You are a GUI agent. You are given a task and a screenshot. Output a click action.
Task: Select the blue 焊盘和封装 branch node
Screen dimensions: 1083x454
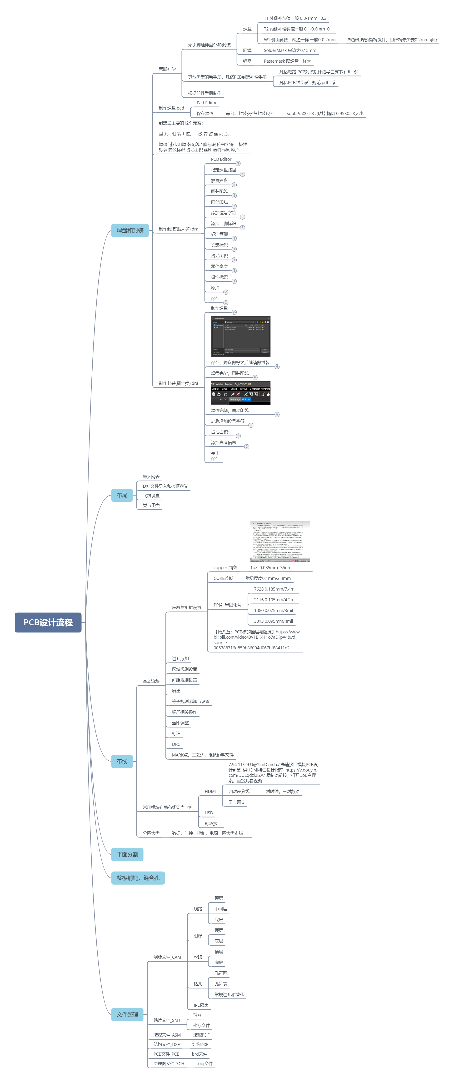pyautogui.click(x=130, y=231)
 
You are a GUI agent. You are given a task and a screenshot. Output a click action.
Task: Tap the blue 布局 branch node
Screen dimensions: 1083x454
pyautogui.click(x=122, y=495)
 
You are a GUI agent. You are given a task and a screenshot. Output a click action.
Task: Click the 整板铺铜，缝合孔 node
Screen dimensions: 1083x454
pyautogui.click(x=138, y=878)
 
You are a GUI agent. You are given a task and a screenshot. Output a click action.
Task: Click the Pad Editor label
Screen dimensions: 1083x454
pyautogui.click(x=206, y=103)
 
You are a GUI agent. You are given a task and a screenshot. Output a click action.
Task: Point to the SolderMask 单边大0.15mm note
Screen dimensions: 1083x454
pyautogui.click(x=290, y=50)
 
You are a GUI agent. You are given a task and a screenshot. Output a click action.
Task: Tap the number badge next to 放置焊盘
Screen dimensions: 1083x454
pyautogui.click(x=234, y=185)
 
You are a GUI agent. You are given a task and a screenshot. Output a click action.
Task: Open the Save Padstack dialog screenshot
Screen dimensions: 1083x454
pyautogui.click(x=240, y=336)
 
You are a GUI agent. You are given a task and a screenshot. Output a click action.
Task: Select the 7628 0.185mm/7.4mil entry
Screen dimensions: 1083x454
pyautogui.click(x=275, y=589)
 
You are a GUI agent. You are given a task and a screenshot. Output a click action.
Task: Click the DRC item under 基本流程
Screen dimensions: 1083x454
pyautogui.click(x=176, y=744)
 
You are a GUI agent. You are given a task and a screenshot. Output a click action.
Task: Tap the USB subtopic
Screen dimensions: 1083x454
pyautogui.click(x=209, y=813)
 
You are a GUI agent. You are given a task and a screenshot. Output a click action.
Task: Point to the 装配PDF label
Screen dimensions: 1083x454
pyautogui.click(x=201, y=1035)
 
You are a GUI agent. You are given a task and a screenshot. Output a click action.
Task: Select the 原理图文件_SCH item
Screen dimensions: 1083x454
pyautogui.click(x=169, y=1064)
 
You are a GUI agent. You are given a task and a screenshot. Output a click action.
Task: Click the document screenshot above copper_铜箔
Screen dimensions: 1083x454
pyautogui.click(x=280, y=541)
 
